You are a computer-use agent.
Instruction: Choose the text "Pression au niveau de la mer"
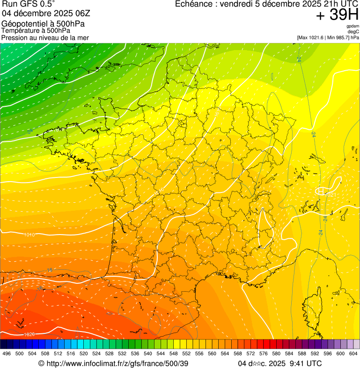click(x=45, y=37)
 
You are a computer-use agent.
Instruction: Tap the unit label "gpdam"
click(x=353, y=26)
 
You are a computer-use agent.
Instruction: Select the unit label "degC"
click(x=353, y=31)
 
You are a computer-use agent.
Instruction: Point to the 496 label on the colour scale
click(x=7, y=353)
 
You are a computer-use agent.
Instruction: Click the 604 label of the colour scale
click(x=353, y=353)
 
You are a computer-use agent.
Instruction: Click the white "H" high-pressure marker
click(x=321, y=191)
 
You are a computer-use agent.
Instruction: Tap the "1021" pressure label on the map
click(x=330, y=194)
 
